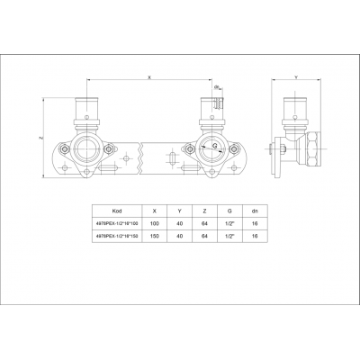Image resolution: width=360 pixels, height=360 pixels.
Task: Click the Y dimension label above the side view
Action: [296, 78]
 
